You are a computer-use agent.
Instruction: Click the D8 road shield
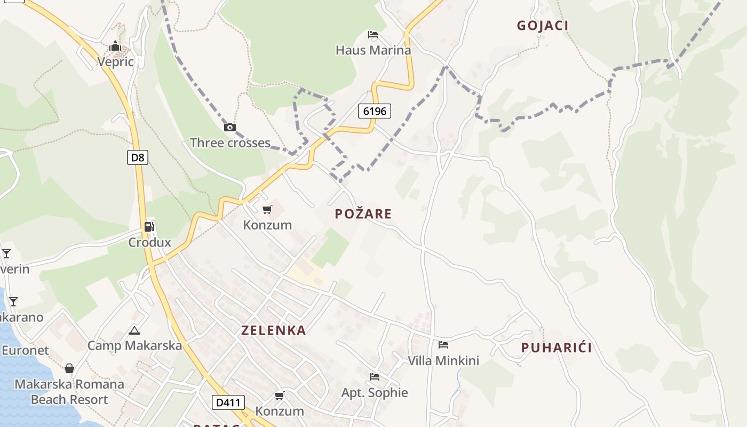(x=138, y=157)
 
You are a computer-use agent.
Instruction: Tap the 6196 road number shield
(x=375, y=111)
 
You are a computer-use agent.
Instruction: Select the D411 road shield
(x=228, y=402)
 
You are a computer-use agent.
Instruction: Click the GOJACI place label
(x=542, y=25)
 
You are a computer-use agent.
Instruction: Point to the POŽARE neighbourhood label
(x=363, y=214)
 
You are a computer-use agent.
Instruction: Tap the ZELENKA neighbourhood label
(x=274, y=330)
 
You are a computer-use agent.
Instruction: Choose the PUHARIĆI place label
(x=557, y=348)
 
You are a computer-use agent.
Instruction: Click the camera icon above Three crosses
(x=230, y=127)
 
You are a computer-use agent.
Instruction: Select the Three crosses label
(x=230, y=143)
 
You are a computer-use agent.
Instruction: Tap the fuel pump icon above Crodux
(x=149, y=227)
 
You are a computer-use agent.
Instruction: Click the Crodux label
(x=149, y=242)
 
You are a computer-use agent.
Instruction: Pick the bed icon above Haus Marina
(x=373, y=35)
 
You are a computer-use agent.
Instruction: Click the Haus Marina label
(x=373, y=50)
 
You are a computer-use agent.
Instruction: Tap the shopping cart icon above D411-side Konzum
(x=279, y=396)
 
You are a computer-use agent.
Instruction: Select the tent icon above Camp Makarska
(x=134, y=330)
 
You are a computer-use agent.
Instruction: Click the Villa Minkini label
(x=443, y=361)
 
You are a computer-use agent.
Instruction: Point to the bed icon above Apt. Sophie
(x=375, y=377)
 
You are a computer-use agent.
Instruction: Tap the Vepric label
(x=115, y=62)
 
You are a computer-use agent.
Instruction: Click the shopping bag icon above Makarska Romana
(x=69, y=368)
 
